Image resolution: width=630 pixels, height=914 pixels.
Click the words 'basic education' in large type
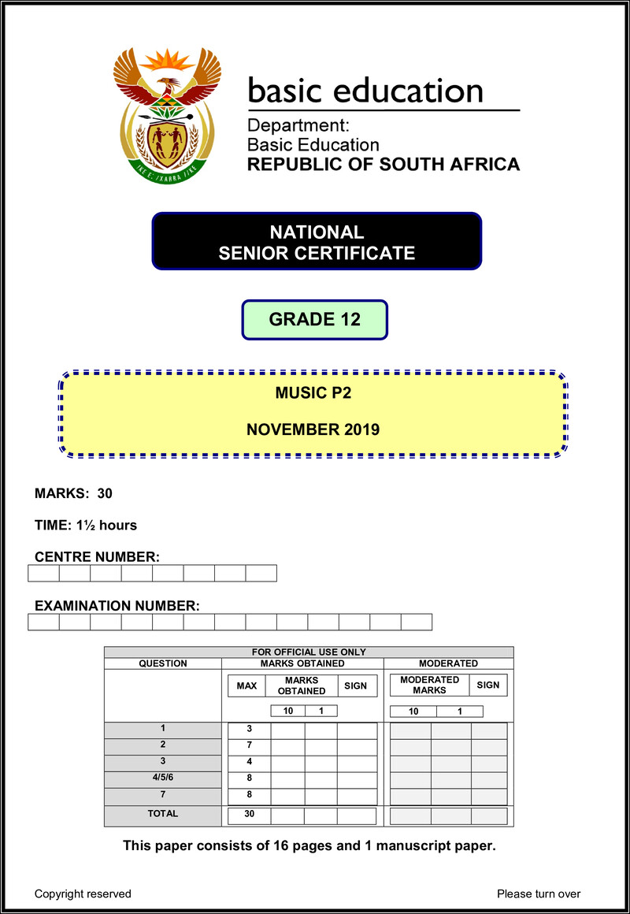[x=365, y=91]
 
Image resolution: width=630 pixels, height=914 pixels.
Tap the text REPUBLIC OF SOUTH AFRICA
[x=384, y=165]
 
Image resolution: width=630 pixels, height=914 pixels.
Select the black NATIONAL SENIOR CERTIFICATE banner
[x=317, y=242]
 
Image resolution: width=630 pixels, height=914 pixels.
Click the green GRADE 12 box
[x=314, y=320]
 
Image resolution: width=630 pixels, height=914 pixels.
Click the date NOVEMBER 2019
[x=313, y=429]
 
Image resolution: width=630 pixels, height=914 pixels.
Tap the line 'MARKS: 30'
[x=73, y=494]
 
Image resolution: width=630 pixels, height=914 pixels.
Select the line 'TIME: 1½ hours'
[x=86, y=526]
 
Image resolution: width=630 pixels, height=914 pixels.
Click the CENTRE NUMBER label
[x=97, y=557]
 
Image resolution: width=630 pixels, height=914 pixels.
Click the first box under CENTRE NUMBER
[x=43, y=573]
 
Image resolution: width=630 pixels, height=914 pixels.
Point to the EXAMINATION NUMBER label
[x=117, y=606]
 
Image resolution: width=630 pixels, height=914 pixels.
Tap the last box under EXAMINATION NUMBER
[x=417, y=622]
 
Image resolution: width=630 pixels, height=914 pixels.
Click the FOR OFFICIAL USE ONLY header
[x=309, y=652]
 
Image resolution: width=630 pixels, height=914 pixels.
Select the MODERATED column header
[x=448, y=663]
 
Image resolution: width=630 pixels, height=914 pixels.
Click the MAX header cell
[x=246, y=685]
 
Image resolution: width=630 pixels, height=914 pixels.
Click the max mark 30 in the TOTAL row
[x=249, y=815]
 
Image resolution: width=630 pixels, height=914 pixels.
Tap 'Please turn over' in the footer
[x=539, y=894]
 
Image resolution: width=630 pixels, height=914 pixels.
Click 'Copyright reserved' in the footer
[x=83, y=894]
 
